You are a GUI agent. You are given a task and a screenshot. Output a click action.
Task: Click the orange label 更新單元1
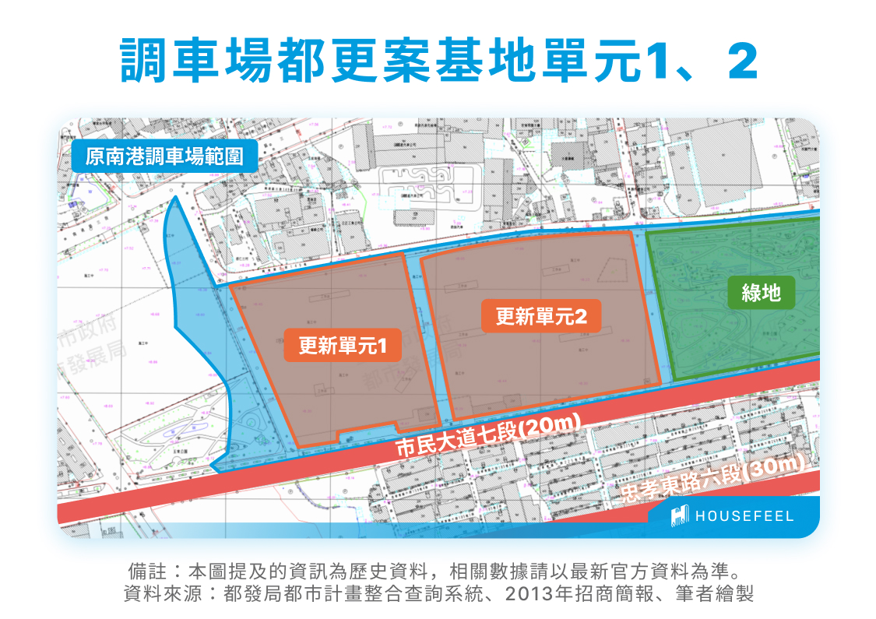coord(342,346)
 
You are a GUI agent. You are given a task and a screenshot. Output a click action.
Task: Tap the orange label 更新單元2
coord(540,315)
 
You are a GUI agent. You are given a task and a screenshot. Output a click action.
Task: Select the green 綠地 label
coord(761,293)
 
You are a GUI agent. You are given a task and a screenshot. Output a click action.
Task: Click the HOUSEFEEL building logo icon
coord(681,515)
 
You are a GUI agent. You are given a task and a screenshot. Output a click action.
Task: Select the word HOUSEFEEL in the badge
coord(744,516)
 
